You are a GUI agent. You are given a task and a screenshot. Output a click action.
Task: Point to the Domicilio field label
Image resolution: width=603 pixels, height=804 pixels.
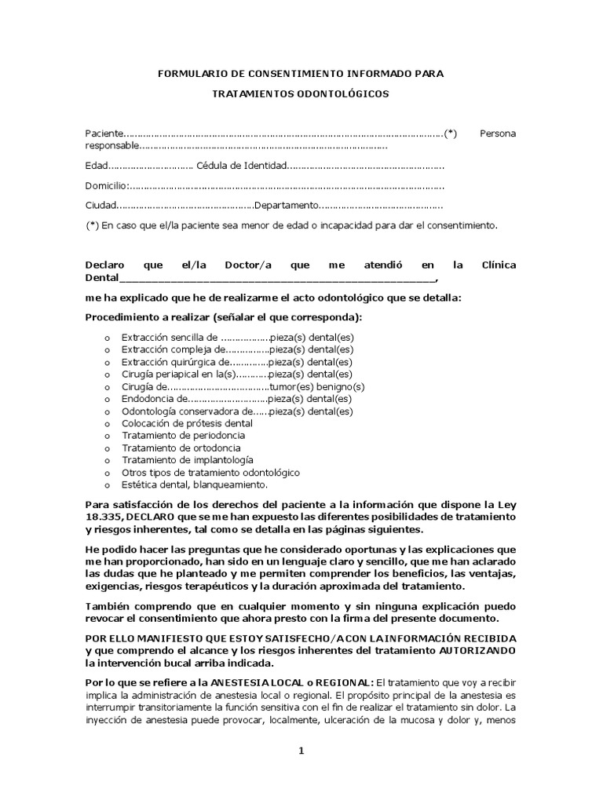(105, 186)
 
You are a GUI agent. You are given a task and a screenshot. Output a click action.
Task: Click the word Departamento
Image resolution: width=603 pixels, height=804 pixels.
(286, 206)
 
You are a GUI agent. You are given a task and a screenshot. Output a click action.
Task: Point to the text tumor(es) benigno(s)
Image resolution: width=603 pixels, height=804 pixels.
(317, 387)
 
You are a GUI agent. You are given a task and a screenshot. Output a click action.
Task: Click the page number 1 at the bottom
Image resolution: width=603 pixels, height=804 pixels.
(300, 751)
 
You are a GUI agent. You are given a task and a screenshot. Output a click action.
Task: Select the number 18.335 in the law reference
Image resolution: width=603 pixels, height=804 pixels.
(104, 518)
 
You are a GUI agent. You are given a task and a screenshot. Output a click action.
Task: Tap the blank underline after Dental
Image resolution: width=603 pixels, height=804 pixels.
(275, 278)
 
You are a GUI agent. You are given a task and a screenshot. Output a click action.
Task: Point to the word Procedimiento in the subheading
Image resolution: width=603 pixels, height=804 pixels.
(120, 317)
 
